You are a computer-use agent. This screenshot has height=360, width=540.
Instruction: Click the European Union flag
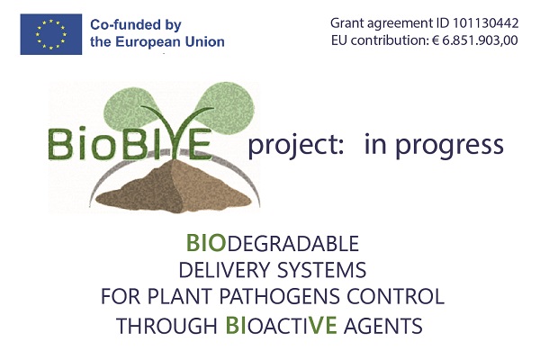tap(51, 34)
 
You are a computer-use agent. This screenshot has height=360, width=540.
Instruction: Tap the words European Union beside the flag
tap(170, 42)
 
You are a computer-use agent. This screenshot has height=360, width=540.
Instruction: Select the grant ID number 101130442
tap(485, 23)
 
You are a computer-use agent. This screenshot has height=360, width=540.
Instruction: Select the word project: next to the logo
tap(296, 146)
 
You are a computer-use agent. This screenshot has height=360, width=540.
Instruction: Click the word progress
tap(449, 147)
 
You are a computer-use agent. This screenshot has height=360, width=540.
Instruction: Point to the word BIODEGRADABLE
tap(273, 243)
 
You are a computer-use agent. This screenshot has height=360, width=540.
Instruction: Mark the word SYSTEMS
tap(321, 270)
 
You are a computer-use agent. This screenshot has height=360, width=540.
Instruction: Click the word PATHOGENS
tap(279, 296)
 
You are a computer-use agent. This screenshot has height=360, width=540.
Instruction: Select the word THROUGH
tap(166, 326)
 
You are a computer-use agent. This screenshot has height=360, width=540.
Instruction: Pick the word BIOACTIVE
tap(281, 325)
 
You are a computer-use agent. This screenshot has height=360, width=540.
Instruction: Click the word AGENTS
tap(383, 326)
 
